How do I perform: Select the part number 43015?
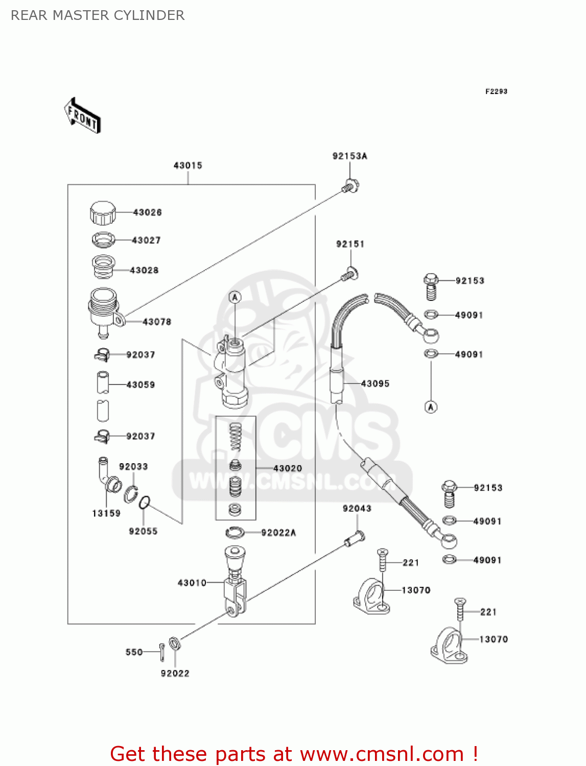[188, 165]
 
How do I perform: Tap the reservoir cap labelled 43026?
[103, 213]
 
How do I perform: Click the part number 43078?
[157, 322]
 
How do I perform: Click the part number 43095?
[375, 384]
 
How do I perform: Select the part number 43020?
[288, 468]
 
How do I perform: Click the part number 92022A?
[278, 533]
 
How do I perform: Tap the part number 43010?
[192, 583]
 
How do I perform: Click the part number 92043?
[357, 509]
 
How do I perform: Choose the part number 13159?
[106, 513]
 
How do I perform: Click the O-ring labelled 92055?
[145, 502]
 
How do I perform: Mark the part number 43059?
[140, 385]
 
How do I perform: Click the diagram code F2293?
[496, 91]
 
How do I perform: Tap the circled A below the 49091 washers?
[431, 407]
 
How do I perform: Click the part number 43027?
[146, 240]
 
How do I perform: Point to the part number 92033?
[133, 467]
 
